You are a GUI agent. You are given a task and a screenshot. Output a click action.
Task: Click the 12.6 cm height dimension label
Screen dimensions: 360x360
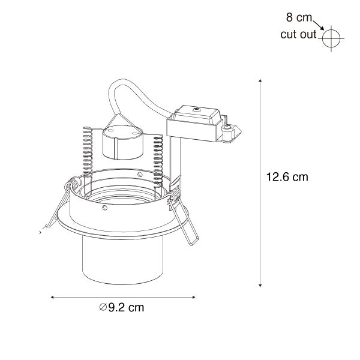pyautogui.click(x=287, y=177)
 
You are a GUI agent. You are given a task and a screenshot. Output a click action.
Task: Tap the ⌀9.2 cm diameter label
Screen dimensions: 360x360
pyautogui.click(x=122, y=307)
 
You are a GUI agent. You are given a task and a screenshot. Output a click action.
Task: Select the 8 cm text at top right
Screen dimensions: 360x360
pyautogui.click(x=299, y=17)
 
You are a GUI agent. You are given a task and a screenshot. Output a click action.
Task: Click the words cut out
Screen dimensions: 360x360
pyautogui.click(x=298, y=34)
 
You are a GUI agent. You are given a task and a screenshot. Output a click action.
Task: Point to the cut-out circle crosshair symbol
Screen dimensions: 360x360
pyautogui.click(x=331, y=38)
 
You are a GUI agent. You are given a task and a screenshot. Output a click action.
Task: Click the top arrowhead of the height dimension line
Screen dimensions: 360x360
pyautogui.click(x=260, y=80)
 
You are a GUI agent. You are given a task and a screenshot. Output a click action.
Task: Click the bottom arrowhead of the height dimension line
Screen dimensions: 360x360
pyautogui.click(x=260, y=286)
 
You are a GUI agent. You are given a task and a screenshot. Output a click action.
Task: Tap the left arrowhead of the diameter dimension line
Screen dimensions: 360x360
pyautogui.click(x=52, y=297)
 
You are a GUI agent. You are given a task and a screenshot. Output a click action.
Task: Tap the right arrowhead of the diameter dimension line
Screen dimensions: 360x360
pyautogui.click(x=194, y=297)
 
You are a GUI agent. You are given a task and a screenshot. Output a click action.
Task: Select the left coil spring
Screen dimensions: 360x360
pyautogui.click(x=88, y=152)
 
